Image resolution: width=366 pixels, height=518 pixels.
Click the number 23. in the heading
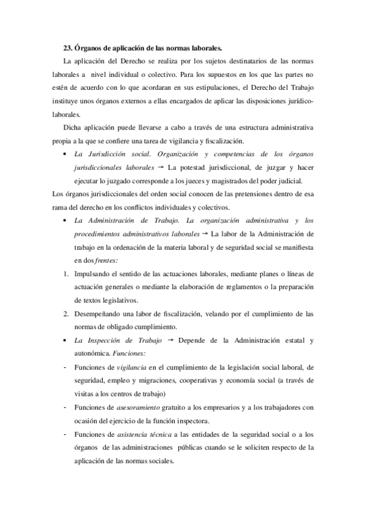68,47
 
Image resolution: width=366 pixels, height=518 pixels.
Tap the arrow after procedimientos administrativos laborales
205,234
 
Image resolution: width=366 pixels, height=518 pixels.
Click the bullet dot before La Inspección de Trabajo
65,340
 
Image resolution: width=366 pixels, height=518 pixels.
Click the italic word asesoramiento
137,406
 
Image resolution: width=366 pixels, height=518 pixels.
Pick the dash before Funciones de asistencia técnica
65,434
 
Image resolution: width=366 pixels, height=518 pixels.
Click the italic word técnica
161,434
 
